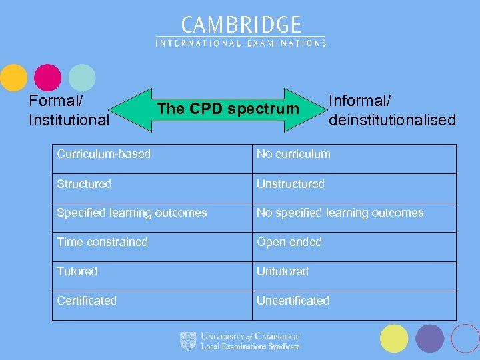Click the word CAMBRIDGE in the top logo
tap(241, 25)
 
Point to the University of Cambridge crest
tap(188, 341)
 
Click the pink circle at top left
tap(48, 77)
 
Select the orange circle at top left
tap(13, 77)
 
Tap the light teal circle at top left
tap(82, 77)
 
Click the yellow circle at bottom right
tap(394, 338)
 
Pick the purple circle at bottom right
tap(429, 338)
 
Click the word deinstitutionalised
tap(392, 120)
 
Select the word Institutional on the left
tap(69, 120)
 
